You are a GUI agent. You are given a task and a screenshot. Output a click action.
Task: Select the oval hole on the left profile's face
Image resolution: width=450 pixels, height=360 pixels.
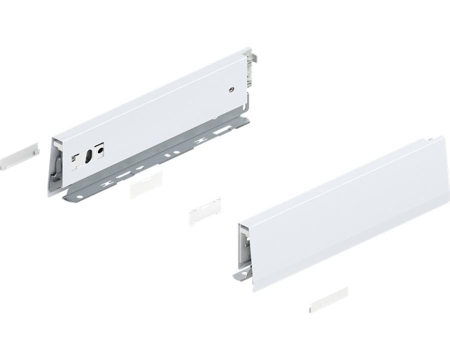pyautogui.click(x=88, y=155)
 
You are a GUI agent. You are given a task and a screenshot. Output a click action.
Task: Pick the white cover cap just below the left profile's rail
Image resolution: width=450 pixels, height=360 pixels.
pyautogui.click(x=145, y=184)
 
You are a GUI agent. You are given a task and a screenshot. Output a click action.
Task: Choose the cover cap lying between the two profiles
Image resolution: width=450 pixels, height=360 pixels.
pyautogui.click(x=204, y=211)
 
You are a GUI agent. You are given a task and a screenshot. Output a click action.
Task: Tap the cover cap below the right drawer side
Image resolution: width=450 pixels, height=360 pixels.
pyautogui.click(x=328, y=299)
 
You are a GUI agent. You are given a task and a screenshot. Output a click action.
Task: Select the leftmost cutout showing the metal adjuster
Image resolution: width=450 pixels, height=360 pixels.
pyautogui.click(x=76, y=159)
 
